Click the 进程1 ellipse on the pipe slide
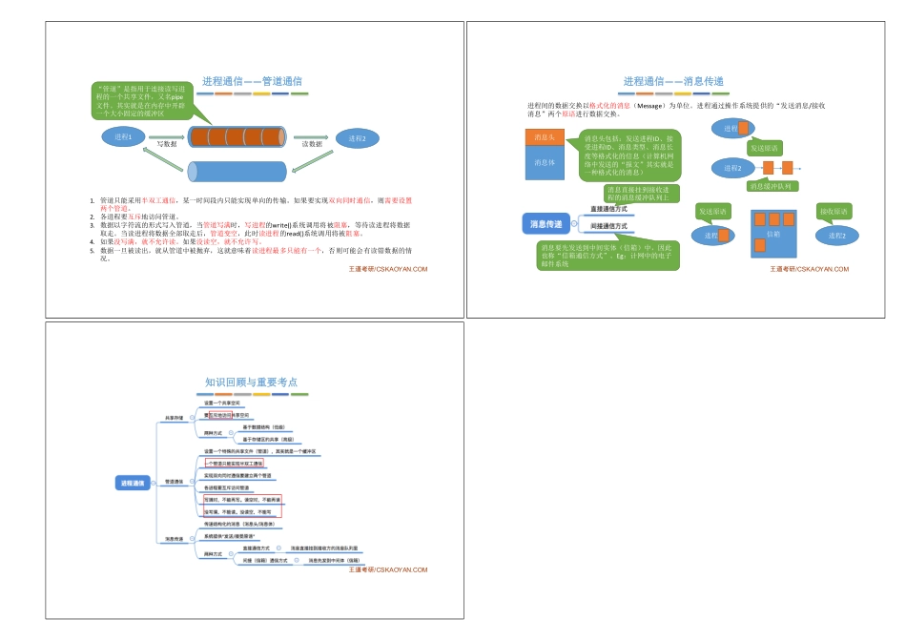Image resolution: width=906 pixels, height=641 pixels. [x=123, y=137]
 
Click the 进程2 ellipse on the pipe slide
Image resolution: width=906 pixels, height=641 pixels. [x=358, y=137]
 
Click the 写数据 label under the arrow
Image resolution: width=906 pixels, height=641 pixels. [x=167, y=144]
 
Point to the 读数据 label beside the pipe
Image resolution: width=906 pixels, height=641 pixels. [x=313, y=144]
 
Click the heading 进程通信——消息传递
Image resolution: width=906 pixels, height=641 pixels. [x=673, y=82]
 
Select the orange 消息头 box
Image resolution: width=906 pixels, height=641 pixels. [x=545, y=137]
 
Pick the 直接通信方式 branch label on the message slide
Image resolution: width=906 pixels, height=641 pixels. [x=608, y=209]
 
